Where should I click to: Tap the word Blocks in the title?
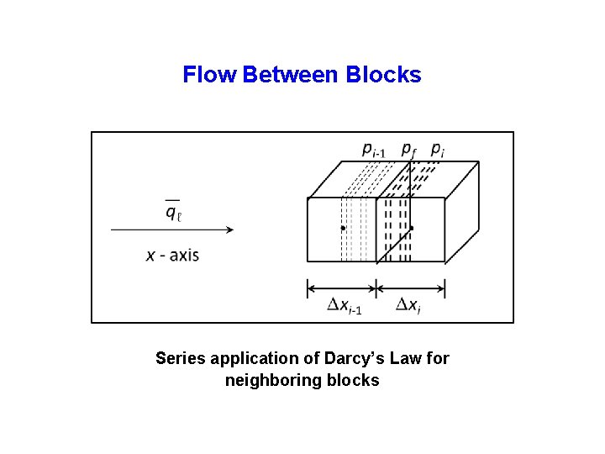[383, 75]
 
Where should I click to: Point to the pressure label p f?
[408, 150]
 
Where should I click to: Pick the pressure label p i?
[437, 150]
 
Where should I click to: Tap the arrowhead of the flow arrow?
[228, 228]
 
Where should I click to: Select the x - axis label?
[172, 254]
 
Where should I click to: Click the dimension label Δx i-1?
[345, 305]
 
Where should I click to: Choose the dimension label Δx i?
[408, 305]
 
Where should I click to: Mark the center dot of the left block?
[342, 228]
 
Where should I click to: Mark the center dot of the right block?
[412, 228]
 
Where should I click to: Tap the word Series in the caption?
[180, 359]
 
